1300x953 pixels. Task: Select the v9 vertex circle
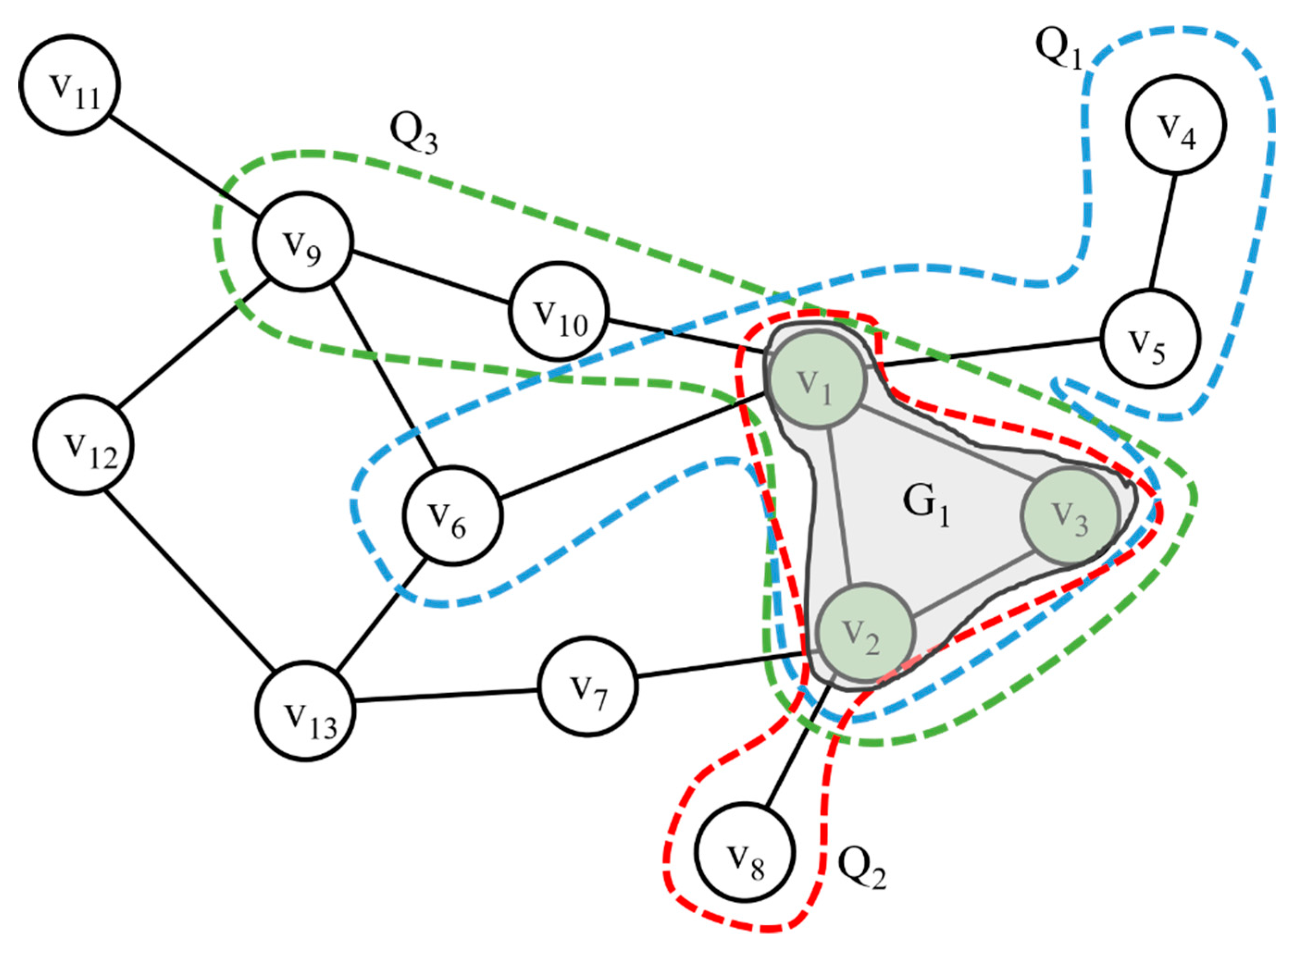(x=303, y=242)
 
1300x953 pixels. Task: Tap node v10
(x=558, y=312)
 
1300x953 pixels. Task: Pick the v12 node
(x=84, y=445)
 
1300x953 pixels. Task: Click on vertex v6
(x=453, y=515)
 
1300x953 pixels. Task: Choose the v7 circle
(x=588, y=687)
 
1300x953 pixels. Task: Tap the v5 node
(x=1151, y=338)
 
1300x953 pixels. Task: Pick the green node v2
(x=866, y=632)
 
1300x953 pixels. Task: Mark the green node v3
(x=1071, y=515)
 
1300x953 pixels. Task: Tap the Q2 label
(x=861, y=867)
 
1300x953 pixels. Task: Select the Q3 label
(x=413, y=134)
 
